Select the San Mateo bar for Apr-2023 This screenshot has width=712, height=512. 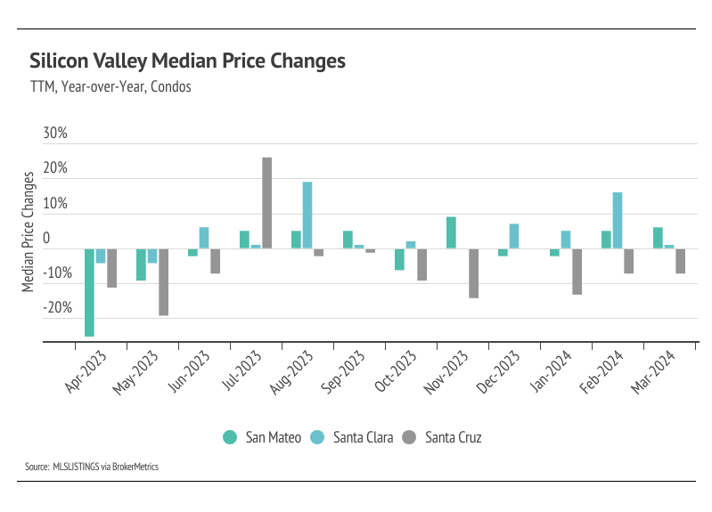[89, 292]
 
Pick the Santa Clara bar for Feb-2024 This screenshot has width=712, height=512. [618, 221]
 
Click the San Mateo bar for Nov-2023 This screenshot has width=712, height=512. [452, 232]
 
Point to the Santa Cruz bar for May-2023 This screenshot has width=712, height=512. [164, 281]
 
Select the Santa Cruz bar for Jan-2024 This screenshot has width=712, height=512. [577, 271]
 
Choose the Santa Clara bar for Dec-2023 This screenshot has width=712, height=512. [514, 236]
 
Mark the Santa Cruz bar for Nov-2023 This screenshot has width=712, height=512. [474, 272]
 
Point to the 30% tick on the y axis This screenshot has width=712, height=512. [54, 134]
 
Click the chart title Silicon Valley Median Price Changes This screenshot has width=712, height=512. [187, 61]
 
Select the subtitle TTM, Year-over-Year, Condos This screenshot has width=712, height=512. [110, 88]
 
